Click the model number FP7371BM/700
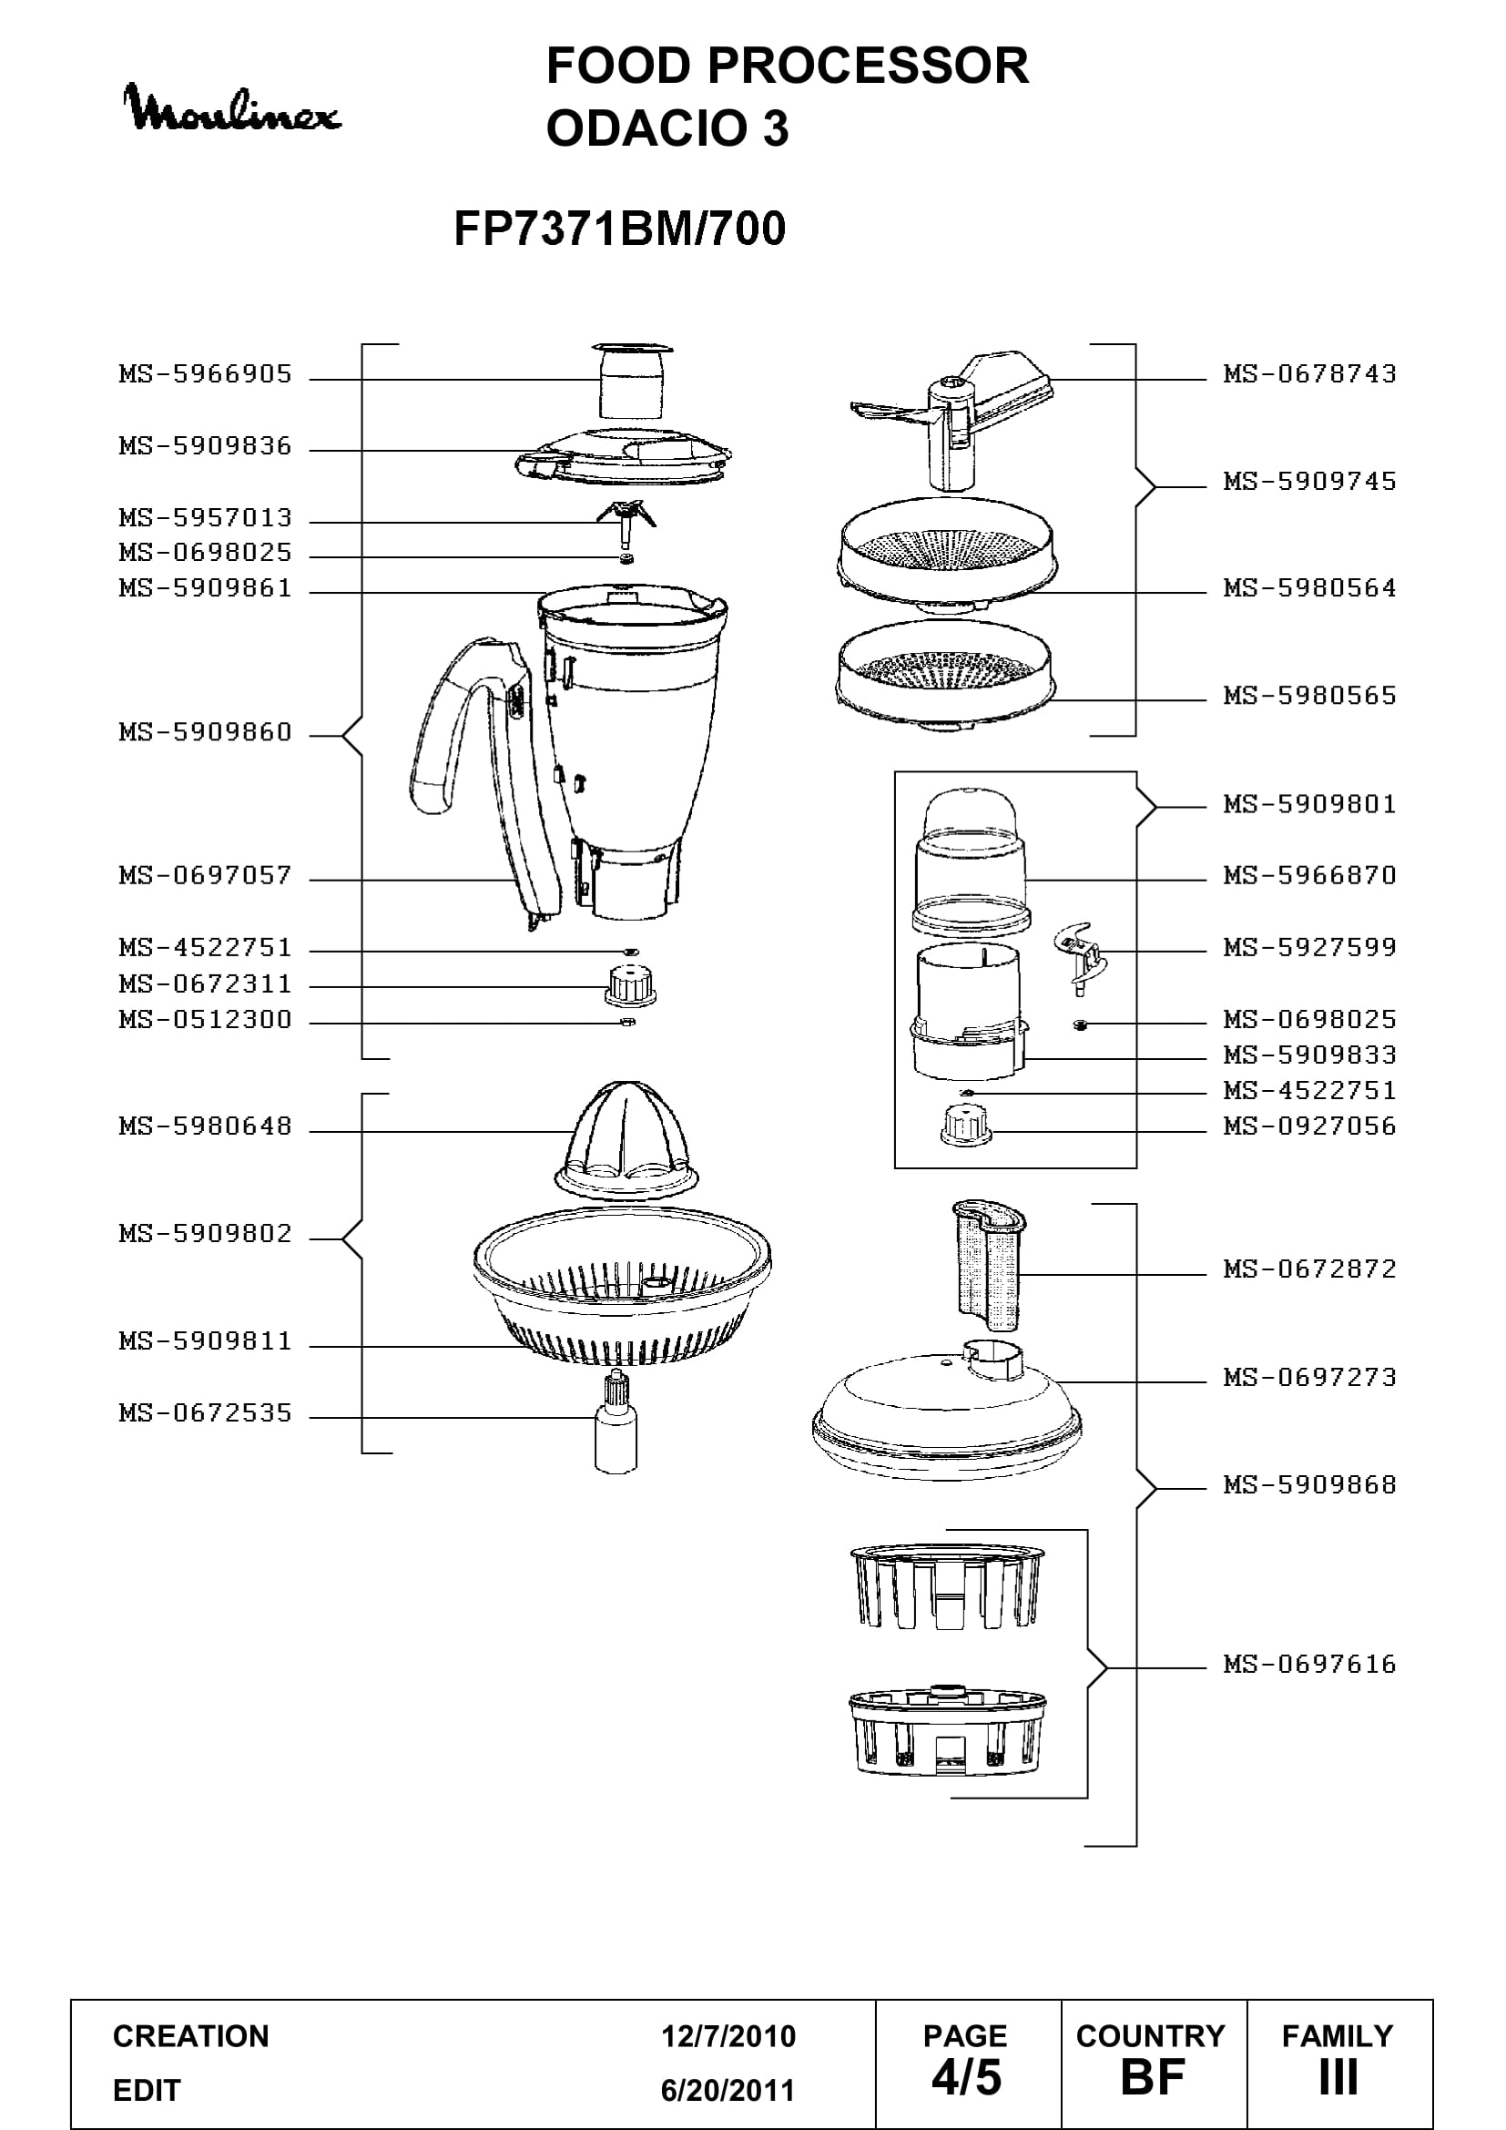(619, 229)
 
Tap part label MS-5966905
(205, 374)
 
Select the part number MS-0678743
(1309, 374)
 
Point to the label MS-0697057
(205, 875)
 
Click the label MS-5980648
(205, 1126)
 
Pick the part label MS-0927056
(1309, 1126)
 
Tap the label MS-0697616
(1309, 1665)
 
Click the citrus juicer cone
(626, 1140)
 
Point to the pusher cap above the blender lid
(632, 381)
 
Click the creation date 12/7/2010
(728, 2035)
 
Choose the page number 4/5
(966, 2077)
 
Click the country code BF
(1153, 2077)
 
